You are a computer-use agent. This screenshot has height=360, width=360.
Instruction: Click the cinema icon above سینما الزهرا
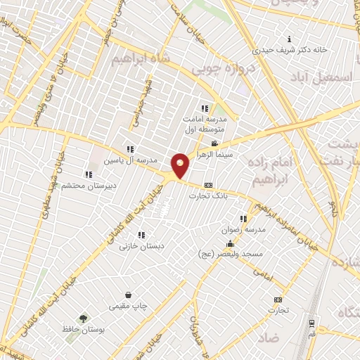214,143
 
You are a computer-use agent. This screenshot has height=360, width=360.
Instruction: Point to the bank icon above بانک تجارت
207,186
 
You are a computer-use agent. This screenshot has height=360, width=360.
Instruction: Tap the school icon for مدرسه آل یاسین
130,149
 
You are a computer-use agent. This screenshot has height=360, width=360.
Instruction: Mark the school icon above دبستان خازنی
141,236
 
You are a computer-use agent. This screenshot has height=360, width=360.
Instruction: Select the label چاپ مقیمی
128,306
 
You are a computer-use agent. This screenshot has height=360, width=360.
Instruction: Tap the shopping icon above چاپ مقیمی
128,295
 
